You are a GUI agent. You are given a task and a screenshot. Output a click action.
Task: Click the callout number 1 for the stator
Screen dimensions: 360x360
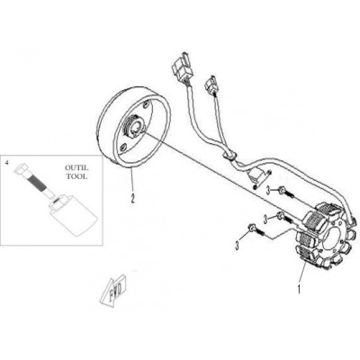pos(299,289)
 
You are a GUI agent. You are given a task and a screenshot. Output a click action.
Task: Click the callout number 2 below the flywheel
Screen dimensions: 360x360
pos(132,198)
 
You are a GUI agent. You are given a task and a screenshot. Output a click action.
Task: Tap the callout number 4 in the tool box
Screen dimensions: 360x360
pos(6,163)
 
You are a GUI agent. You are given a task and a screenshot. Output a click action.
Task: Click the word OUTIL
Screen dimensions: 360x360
pos(76,168)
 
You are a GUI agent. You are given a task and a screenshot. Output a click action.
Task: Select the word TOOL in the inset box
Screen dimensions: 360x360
pos(76,176)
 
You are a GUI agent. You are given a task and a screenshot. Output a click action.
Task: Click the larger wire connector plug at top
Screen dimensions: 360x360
pos(181,67)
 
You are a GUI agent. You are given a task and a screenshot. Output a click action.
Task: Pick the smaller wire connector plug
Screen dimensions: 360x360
pos(211,83)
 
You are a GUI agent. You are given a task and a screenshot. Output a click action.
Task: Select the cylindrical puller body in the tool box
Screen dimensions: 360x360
pos(72,213)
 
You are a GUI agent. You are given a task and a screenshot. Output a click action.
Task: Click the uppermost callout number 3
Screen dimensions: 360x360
pos(269,190)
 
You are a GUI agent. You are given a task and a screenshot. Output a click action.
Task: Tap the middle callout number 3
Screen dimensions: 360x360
pos(265,219)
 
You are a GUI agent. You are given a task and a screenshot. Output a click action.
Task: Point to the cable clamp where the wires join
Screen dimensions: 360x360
pos(230,157)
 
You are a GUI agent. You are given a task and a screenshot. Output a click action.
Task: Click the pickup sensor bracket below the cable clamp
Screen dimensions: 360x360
pos(259,177)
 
